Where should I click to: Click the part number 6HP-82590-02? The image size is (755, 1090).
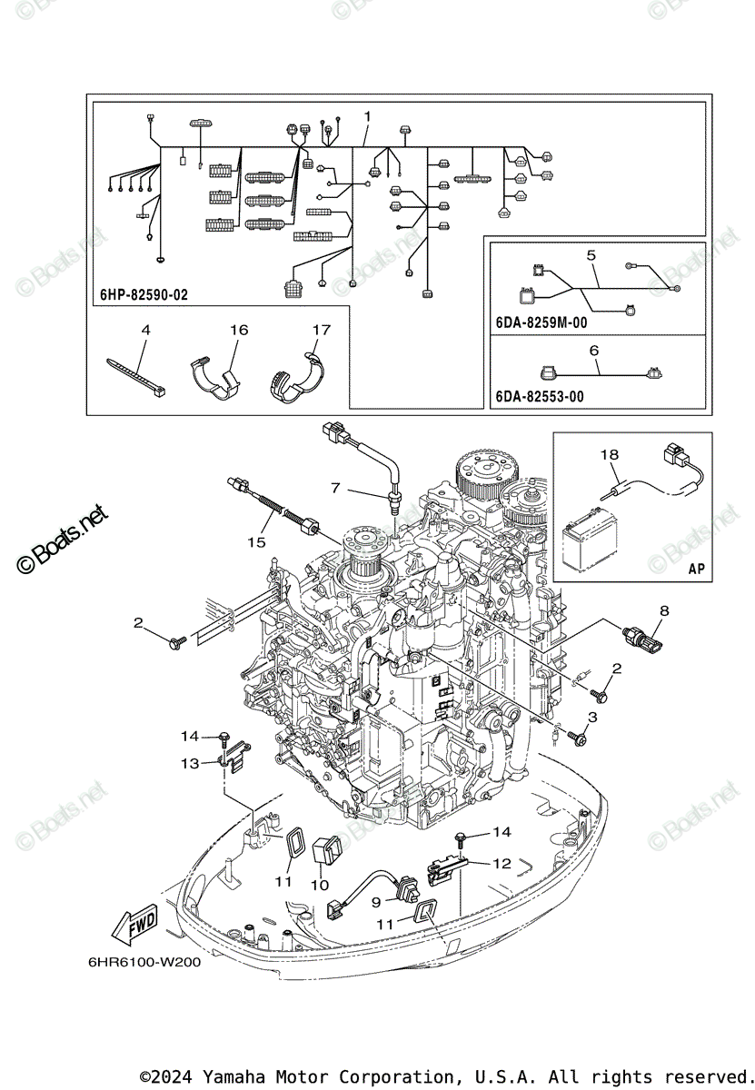pos(145,295)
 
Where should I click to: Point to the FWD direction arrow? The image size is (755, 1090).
pos(134,926)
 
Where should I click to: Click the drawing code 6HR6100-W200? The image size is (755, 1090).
pos(145,962)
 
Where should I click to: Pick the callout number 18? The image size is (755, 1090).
pos(608,453)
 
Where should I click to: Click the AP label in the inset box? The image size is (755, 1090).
pos(697,570)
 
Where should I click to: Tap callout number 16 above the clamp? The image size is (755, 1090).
pos(238,330)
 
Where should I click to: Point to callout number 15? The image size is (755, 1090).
pos(257,542)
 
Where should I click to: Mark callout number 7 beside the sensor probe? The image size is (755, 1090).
pos(335,489)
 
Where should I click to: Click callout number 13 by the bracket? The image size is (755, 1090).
pos(190,763)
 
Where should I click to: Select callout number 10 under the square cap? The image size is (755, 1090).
pos(319,884)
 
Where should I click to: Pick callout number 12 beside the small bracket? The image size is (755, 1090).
pos(502,863)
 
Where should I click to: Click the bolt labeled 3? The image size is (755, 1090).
pos(577,737)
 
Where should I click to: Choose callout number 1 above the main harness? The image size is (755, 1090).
pos(367,116)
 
